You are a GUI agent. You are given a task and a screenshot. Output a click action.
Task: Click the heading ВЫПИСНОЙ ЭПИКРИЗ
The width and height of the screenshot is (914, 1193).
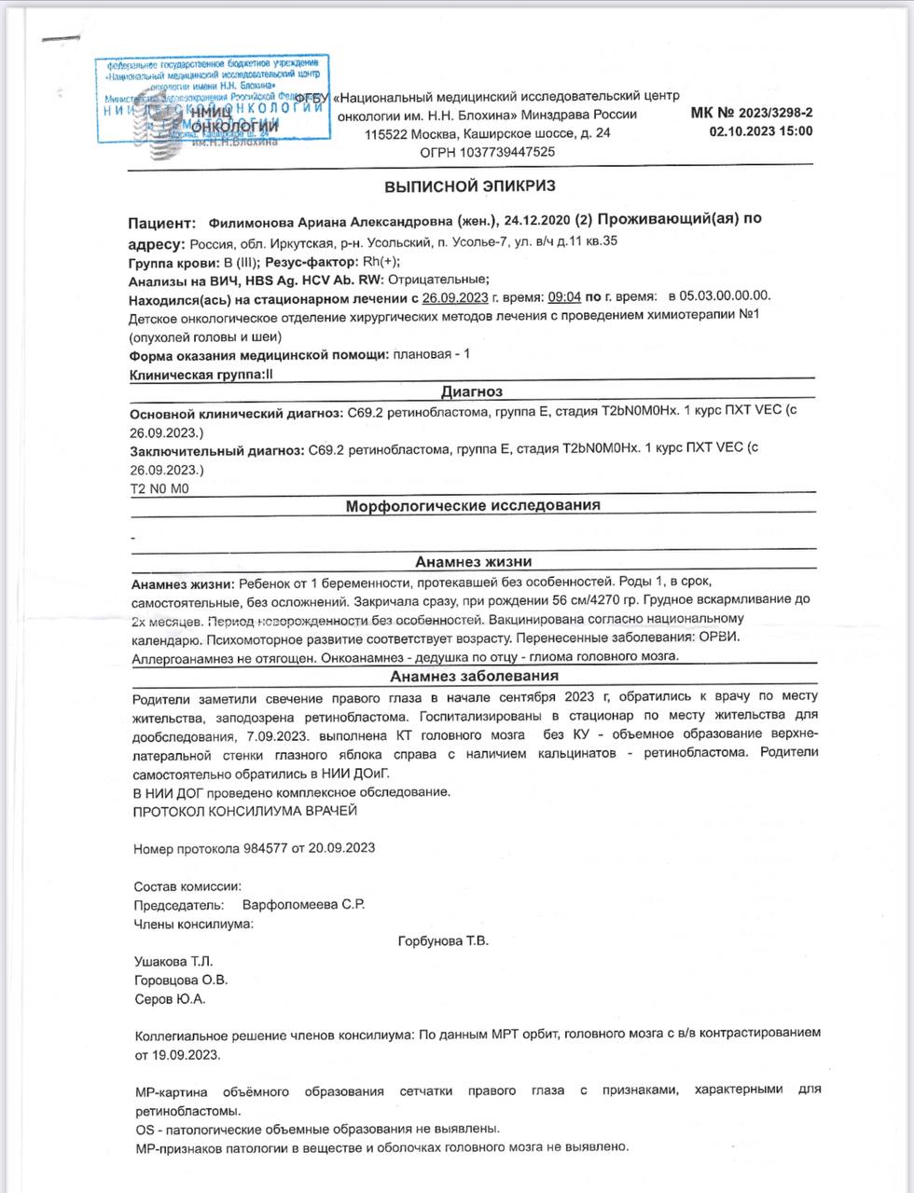pyautogui.click(x=470, y=185)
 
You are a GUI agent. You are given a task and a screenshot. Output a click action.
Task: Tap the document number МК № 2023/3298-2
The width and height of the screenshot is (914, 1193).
pyautogui.click(x=752, y=113)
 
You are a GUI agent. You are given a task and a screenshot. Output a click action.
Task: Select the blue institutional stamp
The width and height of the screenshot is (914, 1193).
pyautogui.click(x=213, y=101)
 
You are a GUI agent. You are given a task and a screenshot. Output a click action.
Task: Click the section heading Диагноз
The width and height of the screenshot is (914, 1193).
pyautogui.click(x=472, y=392)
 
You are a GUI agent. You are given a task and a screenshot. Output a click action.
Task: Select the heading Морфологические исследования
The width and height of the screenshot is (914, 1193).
pyautogui.click(x=473, y=506)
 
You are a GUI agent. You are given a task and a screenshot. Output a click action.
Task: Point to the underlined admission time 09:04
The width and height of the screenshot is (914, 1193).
pyautogui.click(x=564, y=297)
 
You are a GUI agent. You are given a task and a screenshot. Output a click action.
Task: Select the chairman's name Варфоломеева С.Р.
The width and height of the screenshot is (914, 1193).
pyautogui.click(x=303, y=905)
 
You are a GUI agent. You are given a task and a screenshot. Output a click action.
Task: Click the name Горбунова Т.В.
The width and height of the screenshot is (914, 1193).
pyautogui.click(x=443, y=941)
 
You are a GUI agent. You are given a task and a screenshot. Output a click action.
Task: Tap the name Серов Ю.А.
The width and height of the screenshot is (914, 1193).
pyautogui.click(x=170, y=999)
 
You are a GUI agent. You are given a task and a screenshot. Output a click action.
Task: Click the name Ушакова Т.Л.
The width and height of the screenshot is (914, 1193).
pyautogui.click(x=174, y=961)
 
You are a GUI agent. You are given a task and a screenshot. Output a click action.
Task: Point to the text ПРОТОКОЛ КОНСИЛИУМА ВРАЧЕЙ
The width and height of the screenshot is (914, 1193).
pyautogui.click(x=245, y=811)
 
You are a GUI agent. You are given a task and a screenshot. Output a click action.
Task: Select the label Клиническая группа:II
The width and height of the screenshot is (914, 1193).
pyautogui.click(x=202, y=374)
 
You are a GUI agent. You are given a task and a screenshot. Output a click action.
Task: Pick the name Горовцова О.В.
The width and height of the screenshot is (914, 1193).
pyautogui.click(x=181, y=980)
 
